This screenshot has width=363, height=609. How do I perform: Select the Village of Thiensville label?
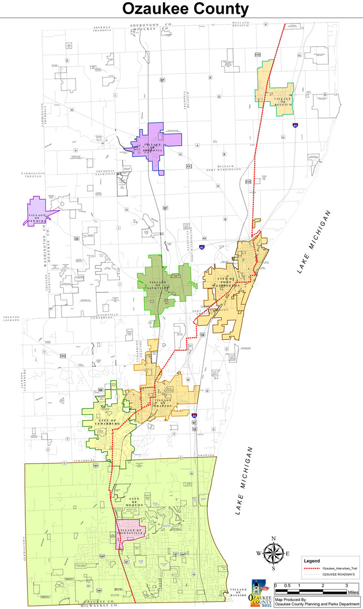pyautogui.click(x=130, y=533)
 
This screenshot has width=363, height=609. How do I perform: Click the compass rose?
pyautogui.click(x=273, y=554)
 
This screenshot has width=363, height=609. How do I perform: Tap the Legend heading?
pyautogui.click(x=312, y=561)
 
